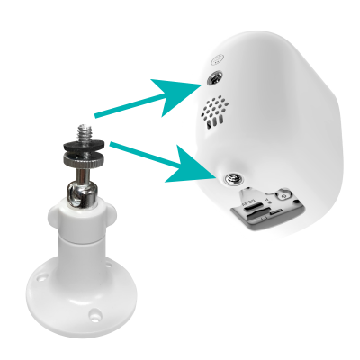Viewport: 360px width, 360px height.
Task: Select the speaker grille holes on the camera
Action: (212, 113)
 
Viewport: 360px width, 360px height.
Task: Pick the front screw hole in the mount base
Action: (94, 316)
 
